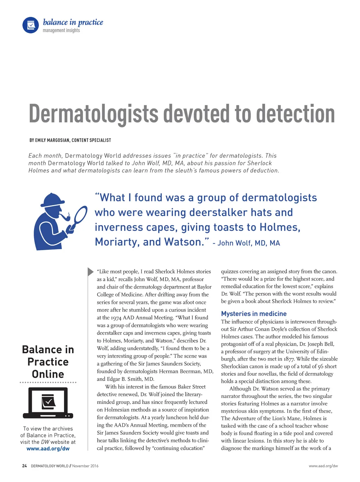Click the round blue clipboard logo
31,25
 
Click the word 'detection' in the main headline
295,114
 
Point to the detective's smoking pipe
65,217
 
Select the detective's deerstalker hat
52,200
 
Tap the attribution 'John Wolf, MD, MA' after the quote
249,243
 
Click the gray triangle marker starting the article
90,272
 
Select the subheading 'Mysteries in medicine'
253,313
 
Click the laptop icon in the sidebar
48,403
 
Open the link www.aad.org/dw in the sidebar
48,449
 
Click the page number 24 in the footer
24,466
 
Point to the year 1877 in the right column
289,359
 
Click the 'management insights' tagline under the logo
61,31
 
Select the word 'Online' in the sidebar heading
48,374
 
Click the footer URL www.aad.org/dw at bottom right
323,466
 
